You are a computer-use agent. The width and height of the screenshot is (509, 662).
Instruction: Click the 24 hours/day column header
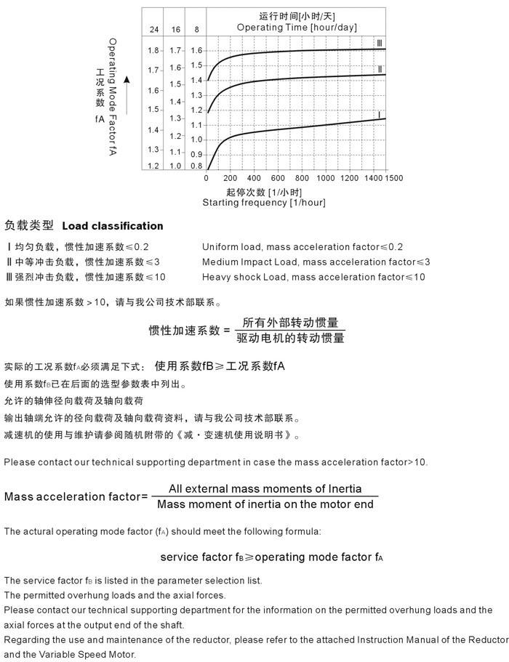153,30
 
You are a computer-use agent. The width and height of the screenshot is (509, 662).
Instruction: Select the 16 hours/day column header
175,30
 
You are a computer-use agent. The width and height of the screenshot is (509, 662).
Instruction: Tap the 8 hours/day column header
196,30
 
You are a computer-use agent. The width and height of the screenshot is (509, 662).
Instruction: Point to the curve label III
379,42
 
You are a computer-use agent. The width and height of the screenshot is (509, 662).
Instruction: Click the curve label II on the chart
380,69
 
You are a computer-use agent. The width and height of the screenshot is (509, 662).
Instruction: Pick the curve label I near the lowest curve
379,114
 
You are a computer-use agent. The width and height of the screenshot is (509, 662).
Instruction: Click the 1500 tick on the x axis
393,178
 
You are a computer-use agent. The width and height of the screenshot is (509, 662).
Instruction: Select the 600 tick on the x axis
278,178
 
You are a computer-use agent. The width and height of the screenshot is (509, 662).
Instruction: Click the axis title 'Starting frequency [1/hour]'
264,203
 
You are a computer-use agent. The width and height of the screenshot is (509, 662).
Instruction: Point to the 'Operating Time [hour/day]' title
297,28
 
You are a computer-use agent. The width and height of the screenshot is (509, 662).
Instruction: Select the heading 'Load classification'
113,226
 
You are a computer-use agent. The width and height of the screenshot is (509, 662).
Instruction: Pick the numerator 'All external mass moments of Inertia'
265,489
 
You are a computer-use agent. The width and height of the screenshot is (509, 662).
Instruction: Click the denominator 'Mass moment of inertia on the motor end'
265,504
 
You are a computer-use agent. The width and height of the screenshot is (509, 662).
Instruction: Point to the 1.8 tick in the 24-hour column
153,51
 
